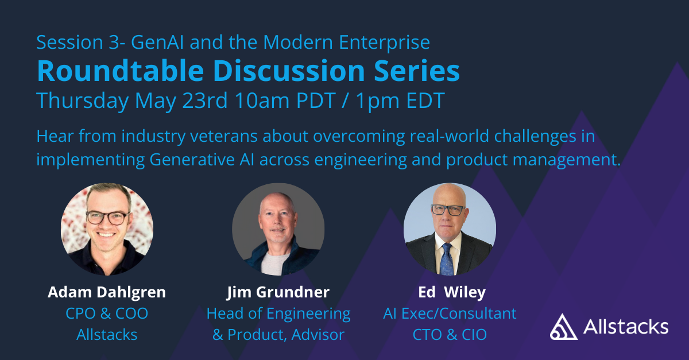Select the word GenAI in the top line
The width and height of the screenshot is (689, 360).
tap(153, 42)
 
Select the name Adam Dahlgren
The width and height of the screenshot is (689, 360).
tap(107, 292)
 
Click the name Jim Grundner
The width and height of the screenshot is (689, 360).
tap(278, 292)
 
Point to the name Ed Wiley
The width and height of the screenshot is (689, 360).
tap(450, 292)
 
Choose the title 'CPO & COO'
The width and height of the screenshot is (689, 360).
tap(107, 313)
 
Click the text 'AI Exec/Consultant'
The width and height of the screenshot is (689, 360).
tap(450, 313)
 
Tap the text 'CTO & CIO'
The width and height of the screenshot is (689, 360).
tap(450, 334)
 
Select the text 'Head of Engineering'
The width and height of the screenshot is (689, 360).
tap(278, 313)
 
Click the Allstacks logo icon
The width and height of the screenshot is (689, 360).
tap(563, 327)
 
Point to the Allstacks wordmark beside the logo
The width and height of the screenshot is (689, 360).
tap(625, 327)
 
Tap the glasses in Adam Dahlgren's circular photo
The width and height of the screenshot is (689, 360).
tap(107, 218)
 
